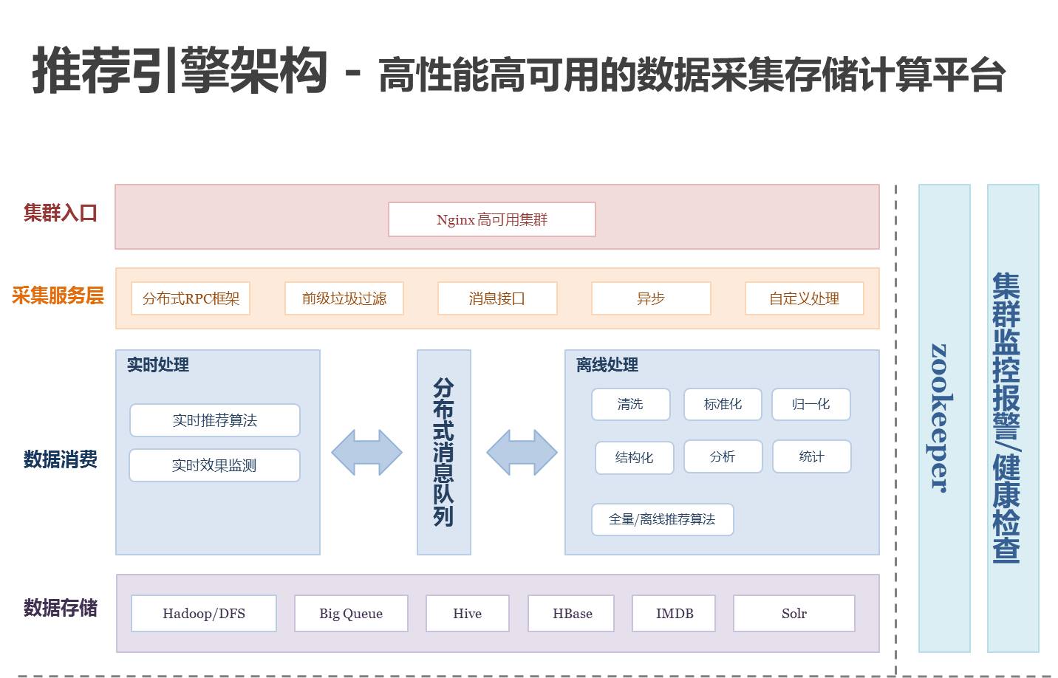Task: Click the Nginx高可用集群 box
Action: tap(491, 219)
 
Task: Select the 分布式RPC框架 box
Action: tap(191, 298)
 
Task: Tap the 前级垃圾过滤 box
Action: tap(344, 298)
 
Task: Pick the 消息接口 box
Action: tap(497, 298)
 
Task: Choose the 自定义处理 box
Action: tap(804, 298)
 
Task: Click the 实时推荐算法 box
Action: tap(214, 420)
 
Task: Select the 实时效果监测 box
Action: tap(214, 465)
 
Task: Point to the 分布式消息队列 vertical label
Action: tap(443, 452)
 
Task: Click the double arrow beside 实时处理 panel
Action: tap(366, 452)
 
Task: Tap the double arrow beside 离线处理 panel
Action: tap(522, 452)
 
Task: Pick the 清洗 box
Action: tap(630, 404)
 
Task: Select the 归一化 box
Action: tap(810, 404)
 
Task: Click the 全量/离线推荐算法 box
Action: tap(662, 519)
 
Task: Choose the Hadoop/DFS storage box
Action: tap(204, 613)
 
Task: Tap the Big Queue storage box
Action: tap(351, 613)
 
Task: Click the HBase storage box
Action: tap(572, 613)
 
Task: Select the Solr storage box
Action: tap(793, 613)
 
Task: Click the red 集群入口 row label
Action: tap(61, 213)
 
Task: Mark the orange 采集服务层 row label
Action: tap(58, 296)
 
